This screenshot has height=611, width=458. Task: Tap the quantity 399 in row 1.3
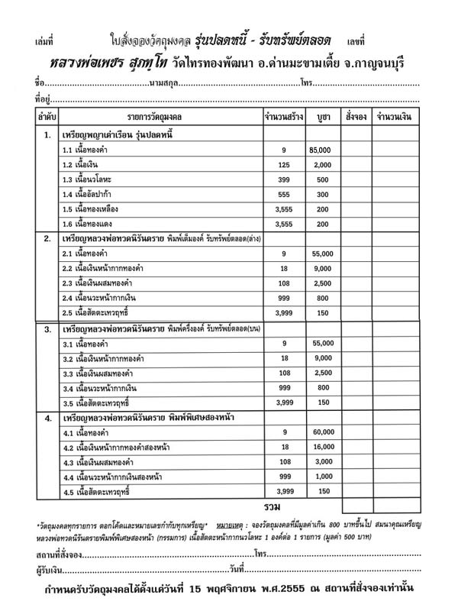tap(283, 180)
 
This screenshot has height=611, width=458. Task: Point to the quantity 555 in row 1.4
tap(283, 195)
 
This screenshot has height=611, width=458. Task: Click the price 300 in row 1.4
tap(321, 195)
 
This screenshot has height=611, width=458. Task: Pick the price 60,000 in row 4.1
tap(321, 432)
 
